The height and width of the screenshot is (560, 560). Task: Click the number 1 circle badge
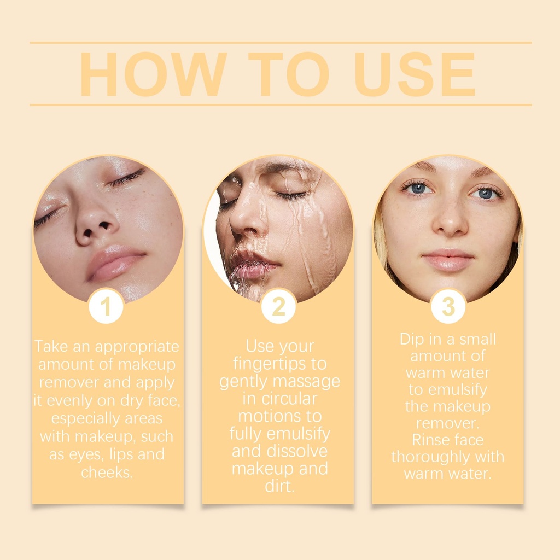[x=106, y=306]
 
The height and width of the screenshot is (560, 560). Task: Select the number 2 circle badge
[x=278, y=306]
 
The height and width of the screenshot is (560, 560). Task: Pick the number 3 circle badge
[x=448, y=306]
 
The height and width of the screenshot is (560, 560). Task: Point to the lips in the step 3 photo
[x=448, y=260]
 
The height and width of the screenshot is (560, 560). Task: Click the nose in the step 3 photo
[x=450, y=218]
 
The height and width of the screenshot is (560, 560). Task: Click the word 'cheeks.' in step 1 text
[x=107, y=472]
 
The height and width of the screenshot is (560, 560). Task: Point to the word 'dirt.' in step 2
[x=279, y=486]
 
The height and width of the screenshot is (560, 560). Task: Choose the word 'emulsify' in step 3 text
[x=458, y=389]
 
